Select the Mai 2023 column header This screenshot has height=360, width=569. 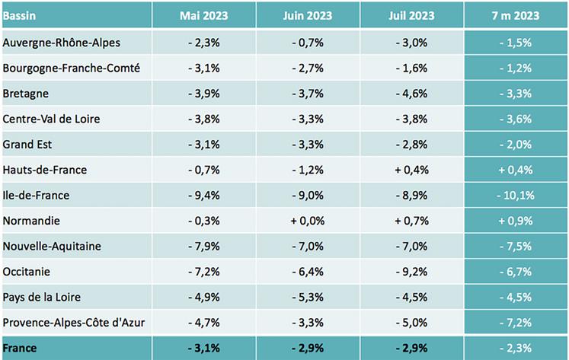(203, 15)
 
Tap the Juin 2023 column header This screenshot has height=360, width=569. (308, 15)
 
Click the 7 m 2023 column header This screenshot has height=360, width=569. (516, 15)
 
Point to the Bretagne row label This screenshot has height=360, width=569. (27, 93)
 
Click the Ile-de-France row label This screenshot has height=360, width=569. (37, 195)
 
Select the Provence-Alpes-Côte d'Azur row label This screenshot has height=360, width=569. (74, 322)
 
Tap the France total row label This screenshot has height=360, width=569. (21, 348)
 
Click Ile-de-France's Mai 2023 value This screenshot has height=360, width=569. (203, 195)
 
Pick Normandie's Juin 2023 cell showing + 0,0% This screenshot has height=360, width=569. (308, 221)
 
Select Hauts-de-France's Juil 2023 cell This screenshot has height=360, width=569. (411, 170)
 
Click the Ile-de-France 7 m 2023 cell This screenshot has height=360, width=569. (516, 195)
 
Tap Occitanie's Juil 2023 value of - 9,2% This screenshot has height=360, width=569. (411, 272)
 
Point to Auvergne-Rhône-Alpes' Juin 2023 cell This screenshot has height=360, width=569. (308, 42)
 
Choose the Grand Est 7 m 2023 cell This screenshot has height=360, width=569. (516, 144)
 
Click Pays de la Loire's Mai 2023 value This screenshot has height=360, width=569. (203, 297)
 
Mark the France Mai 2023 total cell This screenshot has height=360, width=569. (203, 348)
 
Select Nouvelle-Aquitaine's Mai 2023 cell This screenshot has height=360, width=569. (203, 246)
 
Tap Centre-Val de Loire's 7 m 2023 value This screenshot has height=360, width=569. (516, 119)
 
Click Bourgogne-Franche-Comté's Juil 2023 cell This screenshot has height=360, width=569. (411, 68)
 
